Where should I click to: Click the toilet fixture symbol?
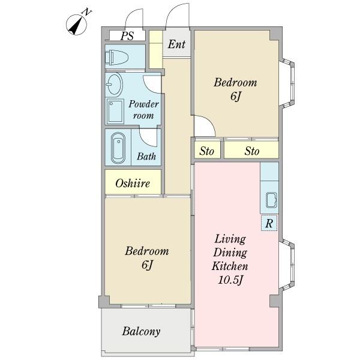[x=116, y=57]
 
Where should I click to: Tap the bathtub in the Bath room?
[x=118, y=148]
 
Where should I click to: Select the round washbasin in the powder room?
[x=114, y=84]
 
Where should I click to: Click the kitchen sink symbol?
[x=271, y=200]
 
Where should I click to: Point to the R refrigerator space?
[x=269, y=223]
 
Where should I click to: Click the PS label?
[x=127, y=35]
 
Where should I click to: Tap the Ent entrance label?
[x=176, y=44]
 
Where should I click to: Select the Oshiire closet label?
[x=133, y=183]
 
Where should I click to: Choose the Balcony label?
[x=141, y=331]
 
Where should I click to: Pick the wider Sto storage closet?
[x=251, y=151]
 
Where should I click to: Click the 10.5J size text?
[x=230, y=280]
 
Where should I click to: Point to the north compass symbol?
[x=76, y=25]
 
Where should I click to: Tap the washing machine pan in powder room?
[x=115, y=111]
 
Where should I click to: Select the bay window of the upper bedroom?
[x=287, y=83]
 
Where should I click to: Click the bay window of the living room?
[x=287, y=264]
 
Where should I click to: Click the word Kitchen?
[x=230, y=266]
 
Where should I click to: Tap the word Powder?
[x=143, y=104]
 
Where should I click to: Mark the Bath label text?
[x=146, y=157]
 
